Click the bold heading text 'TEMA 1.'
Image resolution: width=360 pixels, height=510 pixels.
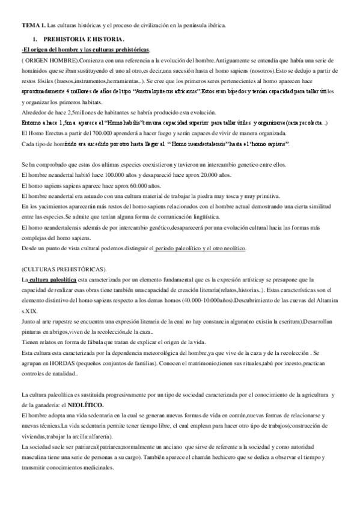pyautogui.click(x=33, y=25)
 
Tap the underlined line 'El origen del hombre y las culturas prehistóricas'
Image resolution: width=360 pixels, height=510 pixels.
pyautogui.click(x=86, y=49)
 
